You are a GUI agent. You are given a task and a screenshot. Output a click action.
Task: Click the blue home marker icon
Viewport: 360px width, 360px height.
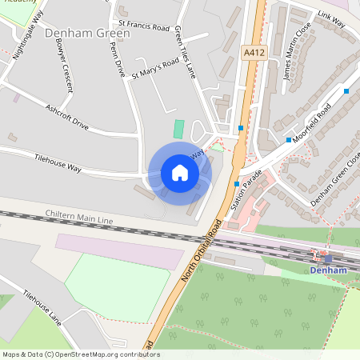[180, 173]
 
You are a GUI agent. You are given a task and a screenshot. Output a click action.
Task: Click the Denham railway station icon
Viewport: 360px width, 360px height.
[327, 258]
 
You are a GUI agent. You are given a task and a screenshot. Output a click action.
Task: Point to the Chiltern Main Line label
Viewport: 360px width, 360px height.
[79, 218]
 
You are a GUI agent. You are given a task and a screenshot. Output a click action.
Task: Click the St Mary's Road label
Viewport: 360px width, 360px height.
[155, 69]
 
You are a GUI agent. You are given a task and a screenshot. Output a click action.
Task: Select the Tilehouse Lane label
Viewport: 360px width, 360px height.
[42, 306]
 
